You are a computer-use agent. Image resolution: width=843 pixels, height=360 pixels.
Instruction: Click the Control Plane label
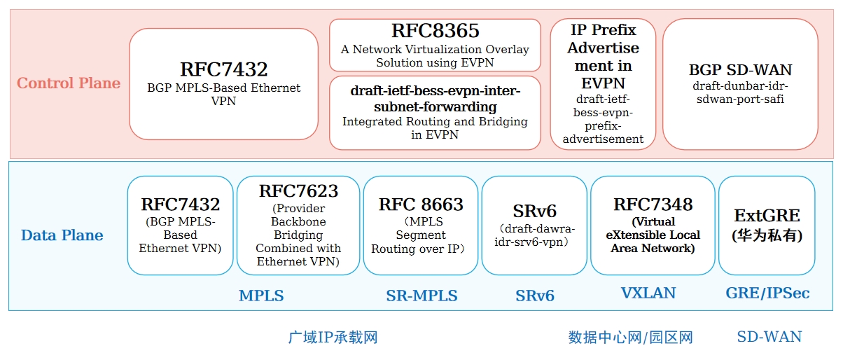69,83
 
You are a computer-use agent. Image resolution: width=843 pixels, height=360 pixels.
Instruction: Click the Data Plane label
62,235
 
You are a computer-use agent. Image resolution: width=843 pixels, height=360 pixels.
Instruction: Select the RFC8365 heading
435,31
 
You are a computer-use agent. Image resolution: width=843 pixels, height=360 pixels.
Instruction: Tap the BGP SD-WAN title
740,70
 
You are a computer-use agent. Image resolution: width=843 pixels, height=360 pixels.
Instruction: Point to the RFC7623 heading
298,191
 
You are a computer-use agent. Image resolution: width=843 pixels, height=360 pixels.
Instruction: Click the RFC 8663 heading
421,205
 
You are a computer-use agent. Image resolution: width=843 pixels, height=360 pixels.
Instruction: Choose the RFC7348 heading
653,205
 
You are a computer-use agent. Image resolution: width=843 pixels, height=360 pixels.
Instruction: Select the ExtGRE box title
767,216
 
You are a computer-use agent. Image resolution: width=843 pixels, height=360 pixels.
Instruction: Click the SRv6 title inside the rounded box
534,212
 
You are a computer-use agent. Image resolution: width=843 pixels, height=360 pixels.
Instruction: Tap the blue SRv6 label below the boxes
535,296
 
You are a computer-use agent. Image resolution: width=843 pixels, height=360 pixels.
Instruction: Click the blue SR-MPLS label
421,296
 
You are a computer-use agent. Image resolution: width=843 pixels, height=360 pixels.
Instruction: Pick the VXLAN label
648,293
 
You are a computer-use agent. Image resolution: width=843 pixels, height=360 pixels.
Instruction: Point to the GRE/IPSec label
767,293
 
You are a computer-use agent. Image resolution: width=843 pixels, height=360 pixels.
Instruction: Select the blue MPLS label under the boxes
261,296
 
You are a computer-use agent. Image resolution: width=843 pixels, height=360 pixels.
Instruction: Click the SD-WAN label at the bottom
769,337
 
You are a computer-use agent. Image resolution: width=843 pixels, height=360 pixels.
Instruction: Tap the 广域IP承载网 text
333,338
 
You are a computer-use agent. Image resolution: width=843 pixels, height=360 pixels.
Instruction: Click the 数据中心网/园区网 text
630,338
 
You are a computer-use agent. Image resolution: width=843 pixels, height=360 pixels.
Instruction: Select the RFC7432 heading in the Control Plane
223,69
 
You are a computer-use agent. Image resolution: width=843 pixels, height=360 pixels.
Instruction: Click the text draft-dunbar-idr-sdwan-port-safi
740,92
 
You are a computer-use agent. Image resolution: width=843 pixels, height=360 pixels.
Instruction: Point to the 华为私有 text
767,236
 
